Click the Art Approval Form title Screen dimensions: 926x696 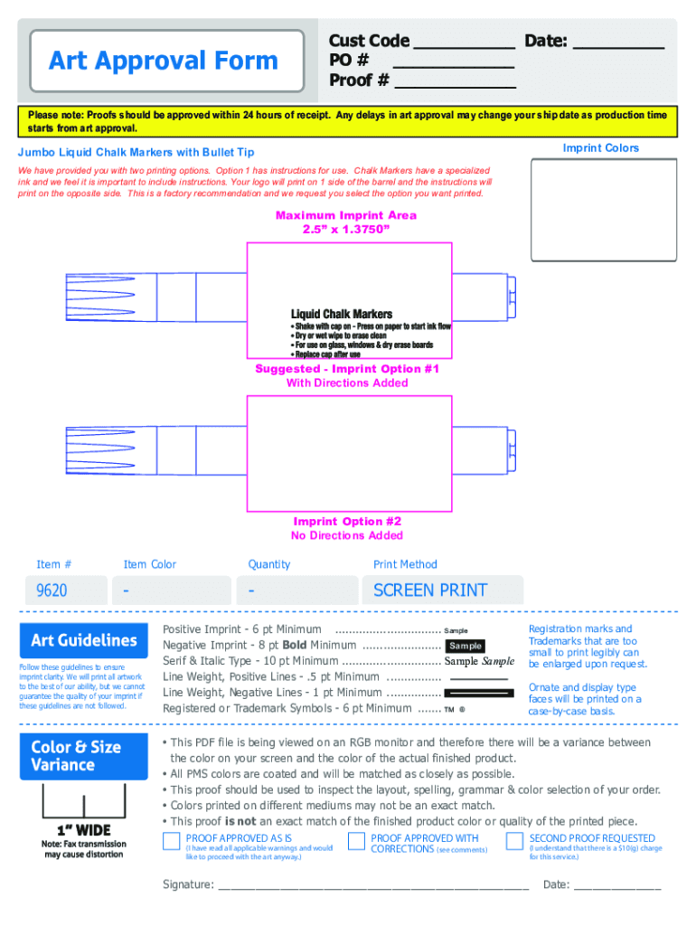pos(164,61)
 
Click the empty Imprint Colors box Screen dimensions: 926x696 pos(605,210)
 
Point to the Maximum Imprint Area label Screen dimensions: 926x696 pos(346,215)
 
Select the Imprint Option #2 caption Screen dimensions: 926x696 pos(347,522)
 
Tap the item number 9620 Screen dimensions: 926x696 pos(52,591)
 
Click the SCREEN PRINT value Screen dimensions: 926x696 pos(430,591)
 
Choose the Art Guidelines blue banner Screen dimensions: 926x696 pos(83,640)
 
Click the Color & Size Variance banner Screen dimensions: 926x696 pos(83,756)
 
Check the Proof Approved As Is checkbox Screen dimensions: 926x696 pos(171,842)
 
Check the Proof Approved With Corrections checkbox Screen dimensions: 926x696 pos(356,842)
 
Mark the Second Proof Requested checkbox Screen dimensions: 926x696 pos(514,842)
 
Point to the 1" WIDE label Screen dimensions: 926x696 pos(82,830)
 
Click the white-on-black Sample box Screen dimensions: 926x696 pos(466,646)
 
